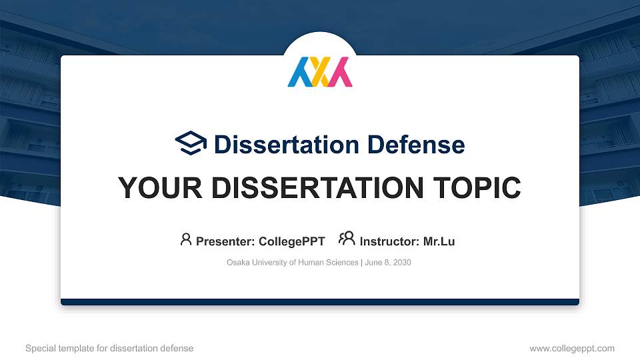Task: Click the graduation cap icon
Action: [x=191, y=143]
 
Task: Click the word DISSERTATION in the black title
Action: [x=309, y=188]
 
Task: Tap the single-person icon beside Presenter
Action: [x=186, y=239]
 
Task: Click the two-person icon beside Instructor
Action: [x=347, y=238]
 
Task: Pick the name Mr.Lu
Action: [x=439, y=241]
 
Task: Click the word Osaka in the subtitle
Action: [x=238, y=263]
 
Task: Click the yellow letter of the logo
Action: [x=320, y=72]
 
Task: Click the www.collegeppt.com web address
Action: [x=572, y=348]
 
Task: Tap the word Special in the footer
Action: [x=40, y=348]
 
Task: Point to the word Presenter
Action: [x=221, y=241]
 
